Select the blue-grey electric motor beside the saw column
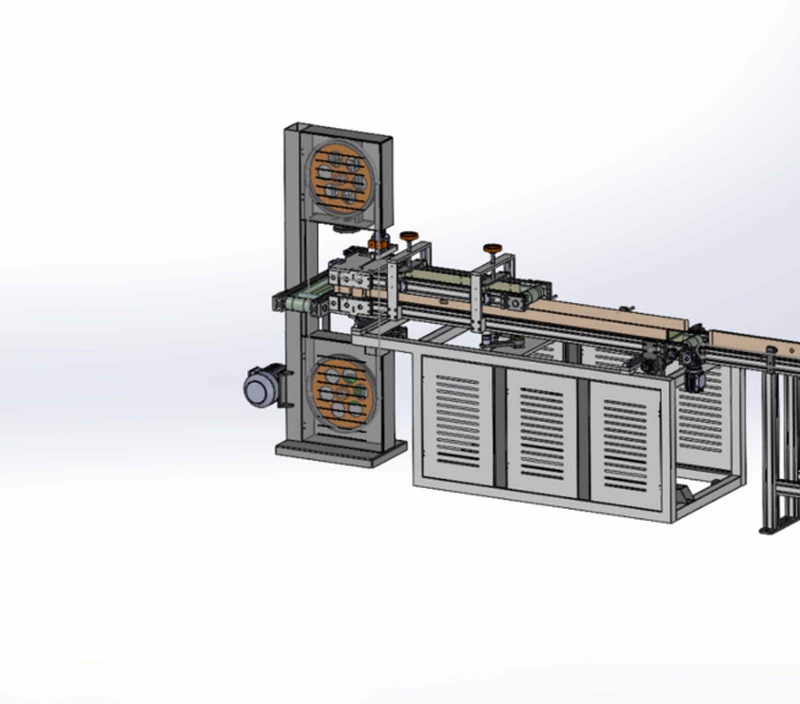tap(260, 388)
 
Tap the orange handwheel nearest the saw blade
tap(409, 235)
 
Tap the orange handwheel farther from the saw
tap(492, 248)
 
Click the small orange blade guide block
tap(378, 244)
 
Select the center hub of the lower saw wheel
tap(341, 393)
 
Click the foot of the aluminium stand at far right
tap(772, 529)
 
